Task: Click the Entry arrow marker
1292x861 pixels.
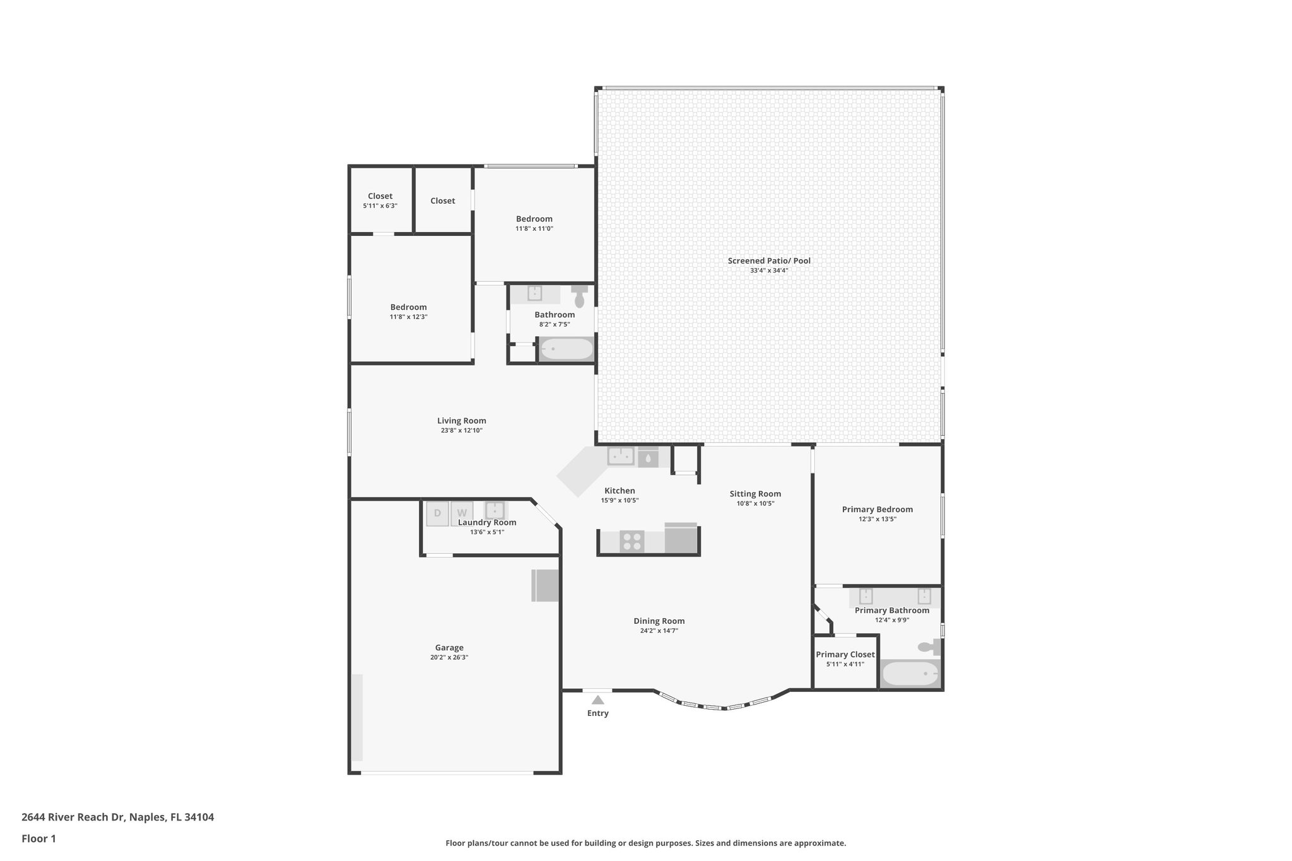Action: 597,700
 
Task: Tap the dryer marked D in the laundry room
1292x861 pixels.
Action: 437,513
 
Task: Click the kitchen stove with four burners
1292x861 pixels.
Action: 631,542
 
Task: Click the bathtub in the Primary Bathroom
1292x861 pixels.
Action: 909,674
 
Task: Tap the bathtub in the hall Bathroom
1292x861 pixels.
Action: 567,349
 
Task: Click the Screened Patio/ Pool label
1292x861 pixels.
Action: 768,261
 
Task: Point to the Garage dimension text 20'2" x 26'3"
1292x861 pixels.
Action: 449,657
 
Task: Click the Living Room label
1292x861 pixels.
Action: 461,421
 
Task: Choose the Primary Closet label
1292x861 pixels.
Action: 845,654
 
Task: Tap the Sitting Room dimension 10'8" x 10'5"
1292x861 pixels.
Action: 755,503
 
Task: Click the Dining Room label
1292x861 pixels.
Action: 659,621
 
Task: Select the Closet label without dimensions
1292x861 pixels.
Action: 442,201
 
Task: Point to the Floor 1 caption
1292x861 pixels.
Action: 38,839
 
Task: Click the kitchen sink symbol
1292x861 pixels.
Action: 621,456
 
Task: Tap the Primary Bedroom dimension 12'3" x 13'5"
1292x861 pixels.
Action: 877,519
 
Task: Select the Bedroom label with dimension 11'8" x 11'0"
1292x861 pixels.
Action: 534,219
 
